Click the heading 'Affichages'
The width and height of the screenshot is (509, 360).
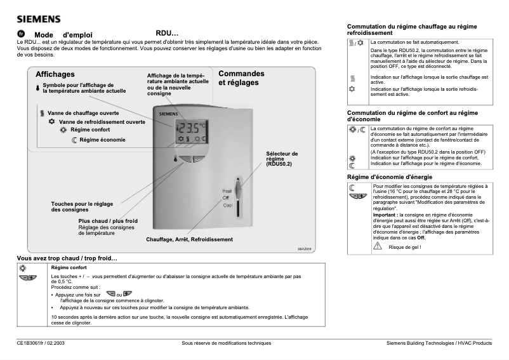[55, 74]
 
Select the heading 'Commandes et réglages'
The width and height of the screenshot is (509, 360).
[241, 78]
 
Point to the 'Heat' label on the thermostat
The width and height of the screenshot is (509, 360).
[227, 190]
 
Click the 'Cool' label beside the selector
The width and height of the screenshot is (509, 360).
[227, 206]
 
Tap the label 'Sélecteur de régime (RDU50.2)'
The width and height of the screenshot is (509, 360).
[282, 159]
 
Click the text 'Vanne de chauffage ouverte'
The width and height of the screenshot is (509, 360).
[83, 112]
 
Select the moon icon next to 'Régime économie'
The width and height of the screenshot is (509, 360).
[74, 140]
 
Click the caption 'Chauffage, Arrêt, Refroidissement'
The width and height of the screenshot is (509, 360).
[189, 239]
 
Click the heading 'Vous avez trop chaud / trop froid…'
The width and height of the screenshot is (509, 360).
[67, 258]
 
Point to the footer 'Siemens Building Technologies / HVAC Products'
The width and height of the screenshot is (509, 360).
[439, 343]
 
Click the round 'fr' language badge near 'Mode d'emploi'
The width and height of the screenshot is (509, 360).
[21, 34]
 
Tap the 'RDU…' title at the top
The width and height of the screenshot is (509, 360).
[167, 33]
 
